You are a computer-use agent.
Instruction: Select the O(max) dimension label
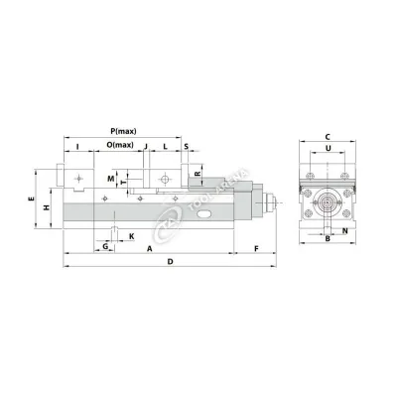[x=120, y=146]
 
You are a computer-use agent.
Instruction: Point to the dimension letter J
[x=145, y=146]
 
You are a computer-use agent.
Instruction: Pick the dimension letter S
[x=187, y=146]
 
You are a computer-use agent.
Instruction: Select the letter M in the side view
[x=110, y=178]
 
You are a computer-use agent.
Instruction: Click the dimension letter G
[x=106, y=246]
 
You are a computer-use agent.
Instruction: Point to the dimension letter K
[x=131, y=237]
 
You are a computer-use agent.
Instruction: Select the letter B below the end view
[x=327, y=239]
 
